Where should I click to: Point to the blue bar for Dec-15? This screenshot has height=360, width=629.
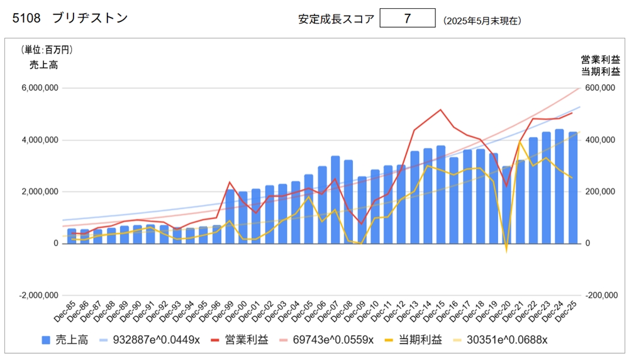coord(440,194)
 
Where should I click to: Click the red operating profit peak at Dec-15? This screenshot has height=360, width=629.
coord(440,110)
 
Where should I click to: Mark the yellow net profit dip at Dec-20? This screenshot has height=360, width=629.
coord(506,251)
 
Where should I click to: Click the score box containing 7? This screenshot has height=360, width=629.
coord(408,18)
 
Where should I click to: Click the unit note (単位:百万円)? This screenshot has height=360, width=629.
coord(47,50)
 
